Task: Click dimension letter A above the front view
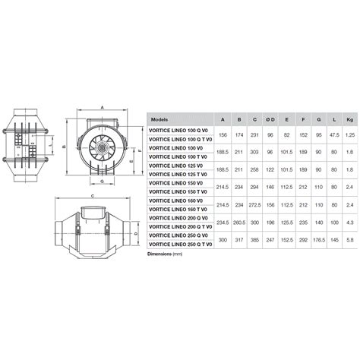coord(100,109)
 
